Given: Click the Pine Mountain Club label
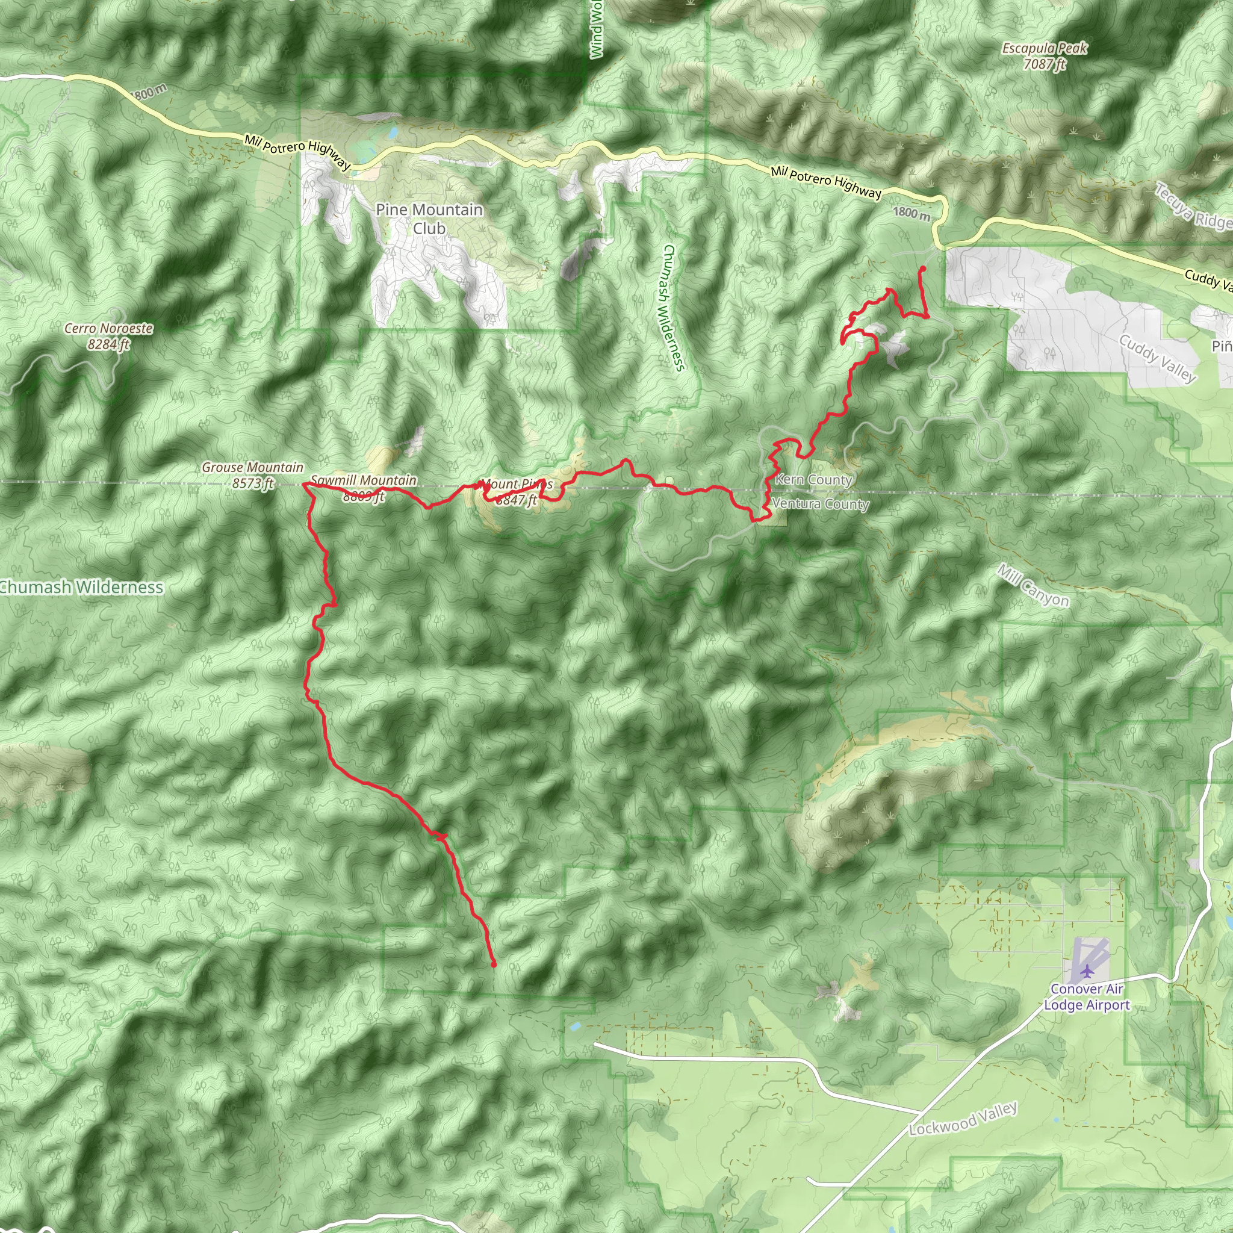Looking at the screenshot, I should (429, 219).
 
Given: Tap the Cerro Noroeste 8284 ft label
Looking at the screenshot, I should (108, 337).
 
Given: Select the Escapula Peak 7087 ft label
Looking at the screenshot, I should (1044, 56).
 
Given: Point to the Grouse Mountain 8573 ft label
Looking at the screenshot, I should (253, 476).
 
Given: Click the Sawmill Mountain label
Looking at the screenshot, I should (364, 480).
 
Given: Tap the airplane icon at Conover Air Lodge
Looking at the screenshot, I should (1087, 972).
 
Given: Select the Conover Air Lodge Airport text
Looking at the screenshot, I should (1087, 997).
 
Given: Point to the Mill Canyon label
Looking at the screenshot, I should (1033, 586).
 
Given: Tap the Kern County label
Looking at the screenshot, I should (814, 480).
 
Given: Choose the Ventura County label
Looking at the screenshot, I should (821, 504).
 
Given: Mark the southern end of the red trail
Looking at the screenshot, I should (493, 965).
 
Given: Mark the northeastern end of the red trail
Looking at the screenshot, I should (923, 269).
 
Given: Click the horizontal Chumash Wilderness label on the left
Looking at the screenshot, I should (82, 587).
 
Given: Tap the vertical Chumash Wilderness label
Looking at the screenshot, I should (673, 307).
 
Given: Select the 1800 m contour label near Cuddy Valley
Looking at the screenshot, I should (912, 213).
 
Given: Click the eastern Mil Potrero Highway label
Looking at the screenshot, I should (826, 182).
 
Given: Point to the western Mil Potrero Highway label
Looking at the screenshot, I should (297, 152).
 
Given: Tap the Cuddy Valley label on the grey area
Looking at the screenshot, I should (1157, 358).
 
